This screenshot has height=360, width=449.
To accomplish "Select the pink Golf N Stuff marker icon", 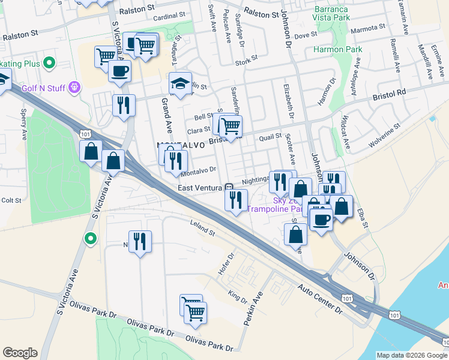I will [x=74, y=88].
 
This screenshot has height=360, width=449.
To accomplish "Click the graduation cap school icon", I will [x=180, y=84].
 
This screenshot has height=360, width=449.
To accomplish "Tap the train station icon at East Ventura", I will [x=229, y=188].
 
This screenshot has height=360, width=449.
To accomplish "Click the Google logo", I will [x=20, y=353].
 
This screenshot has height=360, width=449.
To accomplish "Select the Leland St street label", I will [x=202, y=229].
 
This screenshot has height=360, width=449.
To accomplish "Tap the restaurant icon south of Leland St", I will [x=140, y=242].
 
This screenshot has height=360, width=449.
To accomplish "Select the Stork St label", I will [x=246, y=59].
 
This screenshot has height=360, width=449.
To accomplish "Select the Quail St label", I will [x=270, y=137].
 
